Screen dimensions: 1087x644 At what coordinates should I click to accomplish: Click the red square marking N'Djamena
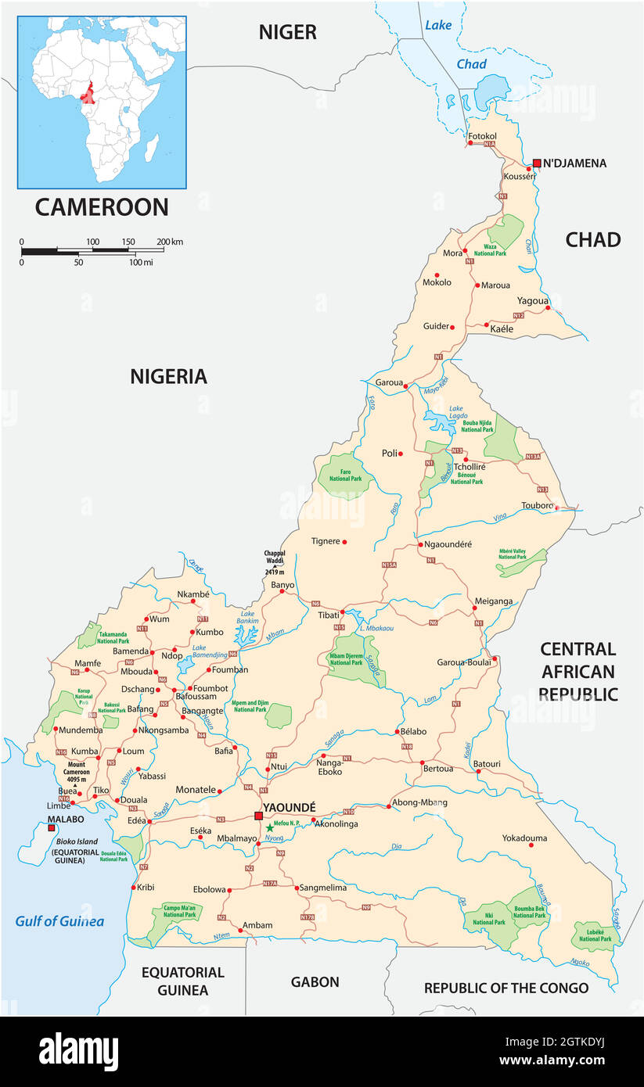(537, 163)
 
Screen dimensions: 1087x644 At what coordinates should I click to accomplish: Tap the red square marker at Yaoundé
(258, 816)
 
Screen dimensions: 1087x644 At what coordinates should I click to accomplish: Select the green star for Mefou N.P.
(270, 827)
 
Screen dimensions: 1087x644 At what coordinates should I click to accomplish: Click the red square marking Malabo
(52, 827)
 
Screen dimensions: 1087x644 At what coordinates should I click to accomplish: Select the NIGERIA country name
(168, 377)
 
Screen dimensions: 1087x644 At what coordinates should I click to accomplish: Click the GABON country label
(315, 982)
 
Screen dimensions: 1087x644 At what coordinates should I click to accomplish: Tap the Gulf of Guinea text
(59, 921)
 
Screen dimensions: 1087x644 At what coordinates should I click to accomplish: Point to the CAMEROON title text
(102, 206)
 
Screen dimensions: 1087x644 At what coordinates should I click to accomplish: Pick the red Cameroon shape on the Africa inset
(87, 94)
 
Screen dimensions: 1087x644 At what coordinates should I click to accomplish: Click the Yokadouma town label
(524, 838)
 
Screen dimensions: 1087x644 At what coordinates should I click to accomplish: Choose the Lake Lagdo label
(456, 413)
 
